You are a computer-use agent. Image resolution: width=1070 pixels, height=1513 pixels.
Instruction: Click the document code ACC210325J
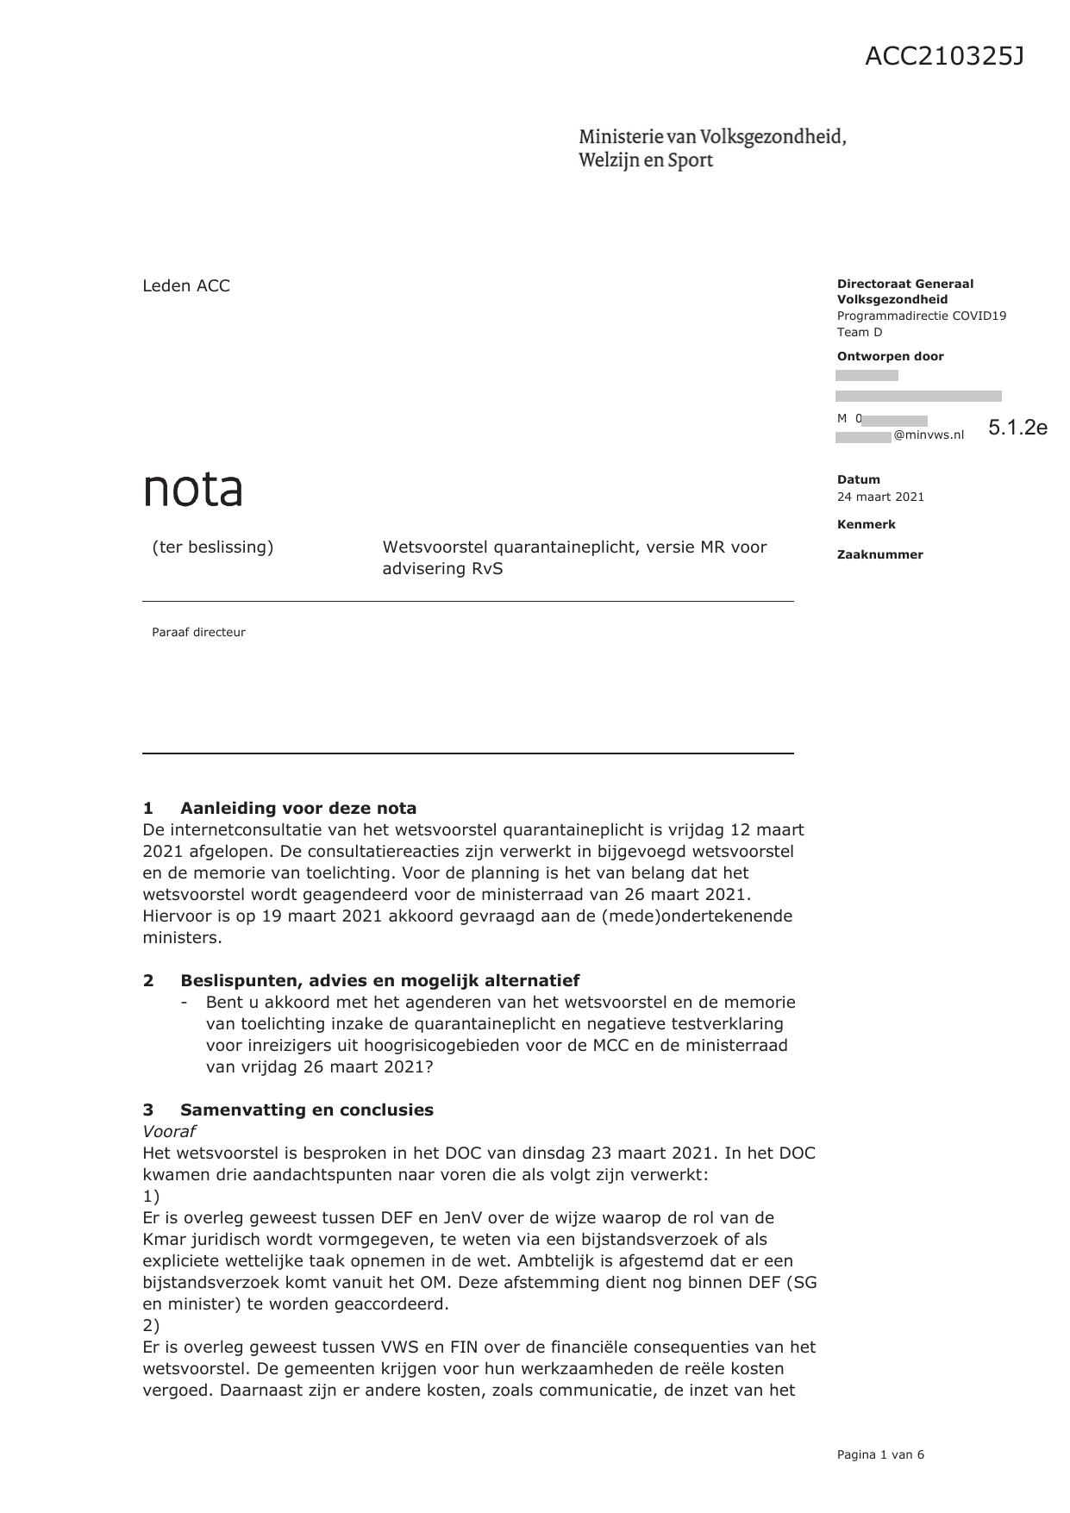point(944,57)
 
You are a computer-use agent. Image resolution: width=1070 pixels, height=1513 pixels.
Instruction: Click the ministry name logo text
point(711,148)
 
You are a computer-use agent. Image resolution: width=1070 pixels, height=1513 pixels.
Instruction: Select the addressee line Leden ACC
point(186,286)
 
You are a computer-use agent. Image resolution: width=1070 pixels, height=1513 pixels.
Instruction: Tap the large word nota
point(192,489)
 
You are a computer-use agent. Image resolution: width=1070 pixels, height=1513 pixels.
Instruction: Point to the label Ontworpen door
point(890,356)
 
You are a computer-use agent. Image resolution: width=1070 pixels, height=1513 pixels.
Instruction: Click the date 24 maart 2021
point(880,497)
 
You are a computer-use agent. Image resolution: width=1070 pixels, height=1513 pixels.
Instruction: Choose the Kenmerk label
point(866,524)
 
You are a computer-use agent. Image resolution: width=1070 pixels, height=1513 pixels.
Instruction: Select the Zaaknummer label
point(879,554)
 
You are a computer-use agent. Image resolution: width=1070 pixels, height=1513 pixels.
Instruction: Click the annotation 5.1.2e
point(1017,428)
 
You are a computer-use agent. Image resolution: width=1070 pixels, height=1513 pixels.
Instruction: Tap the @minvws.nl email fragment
point(929,435)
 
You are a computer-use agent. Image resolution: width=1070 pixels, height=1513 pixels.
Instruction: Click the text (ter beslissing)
point(212,547)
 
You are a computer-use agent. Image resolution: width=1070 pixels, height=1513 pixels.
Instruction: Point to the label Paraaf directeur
point(198,632)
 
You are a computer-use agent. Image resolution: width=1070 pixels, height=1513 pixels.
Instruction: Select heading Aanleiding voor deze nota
point(297,808)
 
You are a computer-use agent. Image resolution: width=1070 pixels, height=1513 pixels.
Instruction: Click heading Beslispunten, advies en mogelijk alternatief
point(379,980)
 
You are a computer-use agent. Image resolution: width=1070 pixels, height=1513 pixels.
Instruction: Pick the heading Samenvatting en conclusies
point(306,1110)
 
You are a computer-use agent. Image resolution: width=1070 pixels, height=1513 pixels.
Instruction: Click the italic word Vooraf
point(169,1131)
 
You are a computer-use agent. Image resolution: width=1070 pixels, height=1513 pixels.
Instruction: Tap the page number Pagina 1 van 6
point(880,1454)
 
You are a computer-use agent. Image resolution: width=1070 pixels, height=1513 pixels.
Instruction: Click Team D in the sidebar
point(860,332)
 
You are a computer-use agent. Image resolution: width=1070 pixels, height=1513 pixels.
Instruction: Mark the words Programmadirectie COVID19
point(921,316)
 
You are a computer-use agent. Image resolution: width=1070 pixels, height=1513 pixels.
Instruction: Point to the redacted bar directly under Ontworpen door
point(867,376)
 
